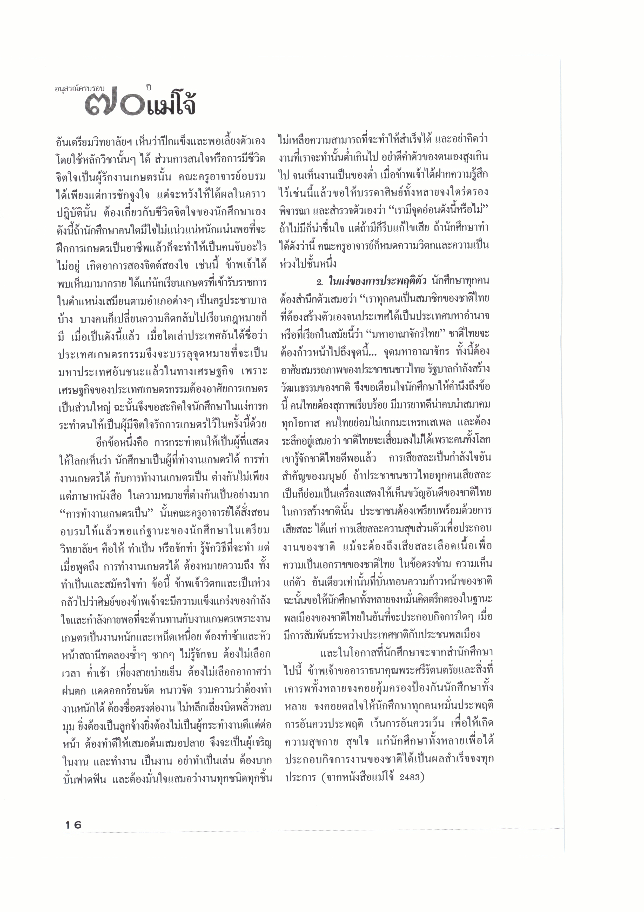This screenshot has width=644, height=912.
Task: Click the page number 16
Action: coord(73,825)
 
